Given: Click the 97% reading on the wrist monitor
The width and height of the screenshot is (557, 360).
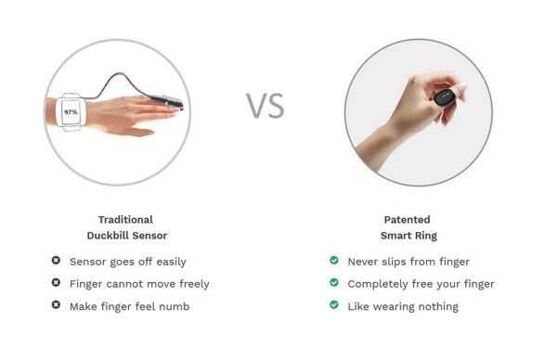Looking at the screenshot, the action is (71, 112).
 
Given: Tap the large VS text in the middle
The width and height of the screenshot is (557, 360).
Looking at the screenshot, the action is (266, 106).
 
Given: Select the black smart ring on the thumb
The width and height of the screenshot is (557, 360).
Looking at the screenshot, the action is (444, 98).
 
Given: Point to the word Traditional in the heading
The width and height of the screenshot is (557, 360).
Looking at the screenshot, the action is (125, 219).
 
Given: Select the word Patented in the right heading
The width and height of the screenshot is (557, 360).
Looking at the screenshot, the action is (408, 219).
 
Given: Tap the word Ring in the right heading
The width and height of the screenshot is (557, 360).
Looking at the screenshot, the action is (425, 236).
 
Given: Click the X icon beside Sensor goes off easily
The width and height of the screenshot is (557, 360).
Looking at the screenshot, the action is (56, 260).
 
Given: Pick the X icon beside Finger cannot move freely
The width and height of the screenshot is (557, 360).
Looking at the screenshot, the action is (56, 283).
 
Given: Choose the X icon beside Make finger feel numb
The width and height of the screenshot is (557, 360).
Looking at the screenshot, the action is (56, 304).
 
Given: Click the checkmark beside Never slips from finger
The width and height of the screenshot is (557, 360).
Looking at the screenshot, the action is (334, 260).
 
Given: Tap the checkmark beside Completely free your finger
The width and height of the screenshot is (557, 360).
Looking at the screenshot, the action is (334, 283).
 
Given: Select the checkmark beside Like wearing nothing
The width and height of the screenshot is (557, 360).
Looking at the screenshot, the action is (334, 304).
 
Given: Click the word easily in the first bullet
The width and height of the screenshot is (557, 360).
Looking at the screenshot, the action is (171, 263).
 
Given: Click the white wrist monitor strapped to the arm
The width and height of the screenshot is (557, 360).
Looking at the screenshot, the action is (71, 112).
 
